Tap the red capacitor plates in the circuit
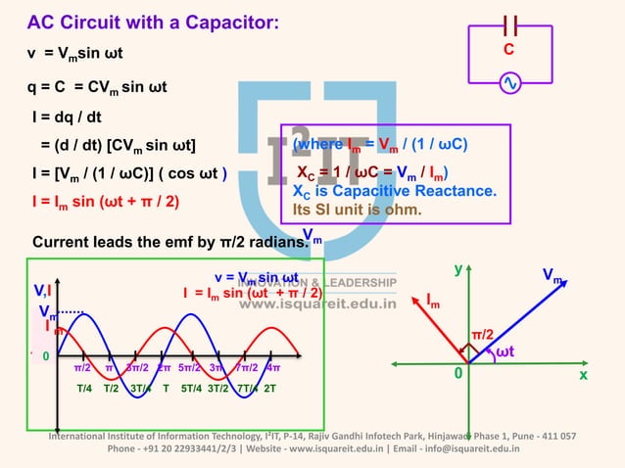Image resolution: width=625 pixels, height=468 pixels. coord(509,26)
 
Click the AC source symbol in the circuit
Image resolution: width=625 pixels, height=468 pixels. coord(509,84)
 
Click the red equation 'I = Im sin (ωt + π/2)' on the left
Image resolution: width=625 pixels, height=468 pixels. coord(104,204)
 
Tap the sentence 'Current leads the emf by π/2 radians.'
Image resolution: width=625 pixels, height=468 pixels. coord(165,241)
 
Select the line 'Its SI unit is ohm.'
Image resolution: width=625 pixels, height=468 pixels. coord(357,209)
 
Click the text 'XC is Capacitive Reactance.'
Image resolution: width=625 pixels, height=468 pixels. coord(395,191)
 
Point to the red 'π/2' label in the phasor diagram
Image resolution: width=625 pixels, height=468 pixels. coord(482,335)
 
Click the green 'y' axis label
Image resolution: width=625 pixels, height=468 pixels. coord(457,267)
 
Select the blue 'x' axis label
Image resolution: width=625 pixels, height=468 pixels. coord(583,374)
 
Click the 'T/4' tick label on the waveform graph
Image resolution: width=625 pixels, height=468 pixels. coord(84,388)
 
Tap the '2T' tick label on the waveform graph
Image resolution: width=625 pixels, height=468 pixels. coord(269,388)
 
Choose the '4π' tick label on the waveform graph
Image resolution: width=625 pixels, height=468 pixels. coord(273,368)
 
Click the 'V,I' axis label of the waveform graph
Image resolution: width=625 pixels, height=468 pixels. coord(43,290)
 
